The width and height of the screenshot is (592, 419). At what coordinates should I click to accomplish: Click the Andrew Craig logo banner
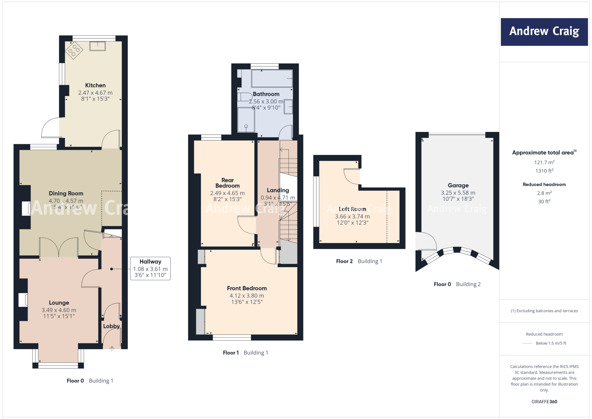544,32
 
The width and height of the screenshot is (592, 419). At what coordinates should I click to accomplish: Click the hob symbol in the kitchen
74,50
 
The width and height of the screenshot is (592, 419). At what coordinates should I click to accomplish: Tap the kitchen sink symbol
97,46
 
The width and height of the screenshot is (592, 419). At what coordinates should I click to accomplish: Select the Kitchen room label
95,85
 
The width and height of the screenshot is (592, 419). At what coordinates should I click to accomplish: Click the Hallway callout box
150,269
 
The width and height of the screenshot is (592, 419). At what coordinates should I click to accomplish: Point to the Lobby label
111,326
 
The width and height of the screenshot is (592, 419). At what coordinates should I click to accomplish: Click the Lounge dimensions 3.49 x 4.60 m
59,310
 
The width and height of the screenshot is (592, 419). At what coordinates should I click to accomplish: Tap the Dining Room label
66,193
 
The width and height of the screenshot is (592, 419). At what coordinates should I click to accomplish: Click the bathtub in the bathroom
272,78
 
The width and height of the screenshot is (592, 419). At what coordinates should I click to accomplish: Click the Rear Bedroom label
227,183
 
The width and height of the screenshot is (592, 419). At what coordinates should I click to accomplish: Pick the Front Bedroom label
247,288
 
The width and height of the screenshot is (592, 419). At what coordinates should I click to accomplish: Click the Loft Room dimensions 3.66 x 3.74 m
352,216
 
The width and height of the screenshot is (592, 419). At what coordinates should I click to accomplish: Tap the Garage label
458,185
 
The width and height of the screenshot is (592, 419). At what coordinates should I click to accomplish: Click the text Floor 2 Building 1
359,261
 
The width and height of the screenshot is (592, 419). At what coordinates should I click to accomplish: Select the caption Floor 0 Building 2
457,284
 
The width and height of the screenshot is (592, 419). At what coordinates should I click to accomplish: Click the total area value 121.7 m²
544,162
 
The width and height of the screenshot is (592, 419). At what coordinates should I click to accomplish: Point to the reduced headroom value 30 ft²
544,201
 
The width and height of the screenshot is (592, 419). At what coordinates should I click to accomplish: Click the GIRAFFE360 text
544,402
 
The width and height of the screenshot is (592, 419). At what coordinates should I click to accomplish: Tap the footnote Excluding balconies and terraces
544,311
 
